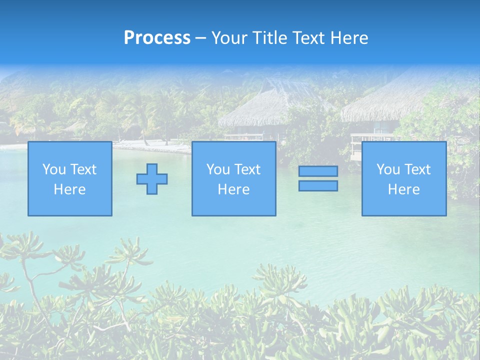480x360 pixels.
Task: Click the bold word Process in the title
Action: [x=157, y=38]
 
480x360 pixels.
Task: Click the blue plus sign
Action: [x=152, y=179]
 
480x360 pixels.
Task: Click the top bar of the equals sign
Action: [x=318, y=171]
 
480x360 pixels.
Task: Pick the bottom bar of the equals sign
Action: [x=318, y=185]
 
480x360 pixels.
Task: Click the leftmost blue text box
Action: [x=69, y=178]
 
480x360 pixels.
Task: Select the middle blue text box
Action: [x=233, y=178]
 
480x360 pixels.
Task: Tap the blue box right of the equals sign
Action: [x=403, y=178]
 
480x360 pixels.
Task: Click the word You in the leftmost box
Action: [x=53, y=169]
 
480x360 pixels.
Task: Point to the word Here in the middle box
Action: [x=233, y=189]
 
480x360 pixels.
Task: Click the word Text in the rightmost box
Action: [x=417, y=169]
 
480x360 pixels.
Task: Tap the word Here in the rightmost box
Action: [x=403, y=189]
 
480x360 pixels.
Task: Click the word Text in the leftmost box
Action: [x=83, y=169]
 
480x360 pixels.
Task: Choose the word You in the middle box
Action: [x=217, y=169]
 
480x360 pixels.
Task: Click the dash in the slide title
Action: [x=200, y=38]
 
